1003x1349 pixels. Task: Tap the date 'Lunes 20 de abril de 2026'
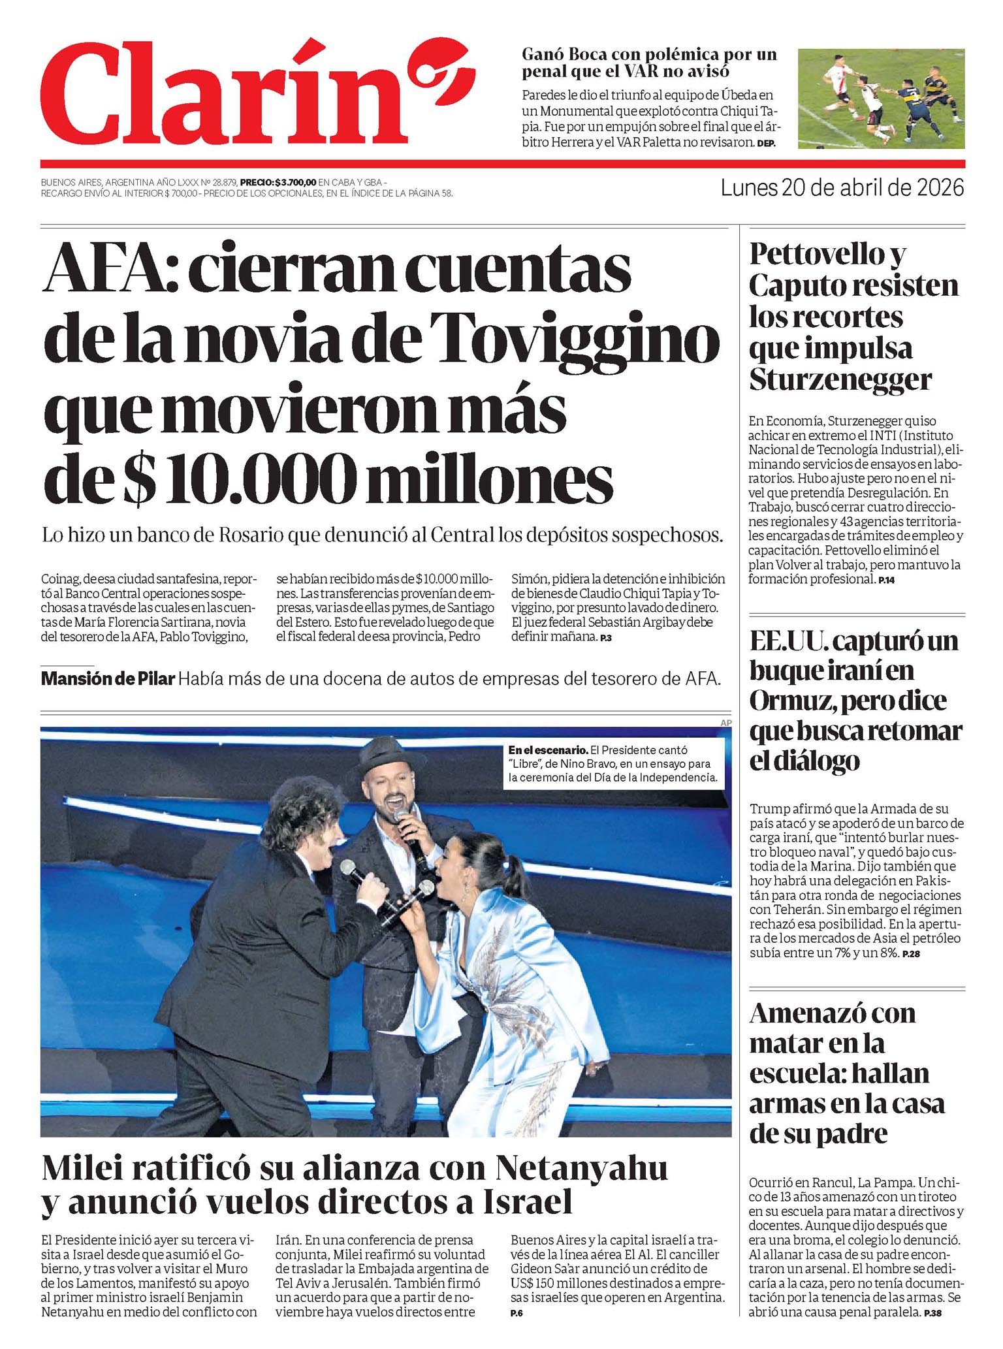click(x=842, y=188)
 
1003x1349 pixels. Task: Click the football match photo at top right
click(x=881, y=98)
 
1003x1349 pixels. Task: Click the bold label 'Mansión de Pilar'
click(x=108, y=679)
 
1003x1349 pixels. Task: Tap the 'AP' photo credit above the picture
click(x=725, y=723)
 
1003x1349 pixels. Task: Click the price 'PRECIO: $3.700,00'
click(x=278, y=183)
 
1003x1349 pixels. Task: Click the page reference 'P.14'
click(x=887, y=580)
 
